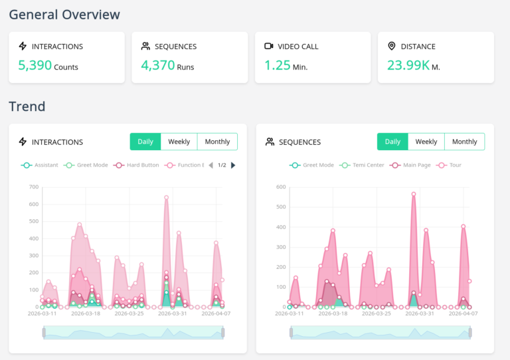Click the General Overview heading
click(64, 14)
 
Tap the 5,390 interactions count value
click(34, 65)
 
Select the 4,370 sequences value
click(158, 65)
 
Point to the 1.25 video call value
click(278, 65)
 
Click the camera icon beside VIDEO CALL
click(269, 46)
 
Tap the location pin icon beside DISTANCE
click(392, 46)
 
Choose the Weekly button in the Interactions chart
click(179, 141)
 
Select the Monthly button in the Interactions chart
click(217, 141)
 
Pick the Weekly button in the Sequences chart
click(426, 141)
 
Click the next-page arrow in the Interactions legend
click(233, 165)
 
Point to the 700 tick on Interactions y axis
click(33, 187)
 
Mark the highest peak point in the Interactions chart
click(166, 197)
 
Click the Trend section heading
click(27, 106)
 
